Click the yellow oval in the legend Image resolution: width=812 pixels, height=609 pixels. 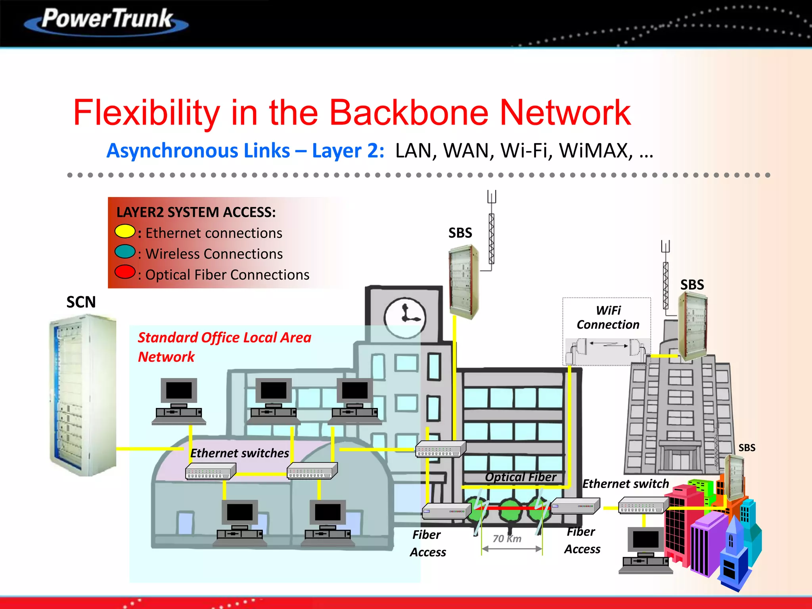click(125, 231)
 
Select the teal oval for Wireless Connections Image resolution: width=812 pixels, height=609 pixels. click(125, 252)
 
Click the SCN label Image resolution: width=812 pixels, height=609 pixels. click(81, 302)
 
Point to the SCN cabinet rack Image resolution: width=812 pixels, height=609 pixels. click(83, 395)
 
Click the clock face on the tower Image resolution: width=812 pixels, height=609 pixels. click(405, 318)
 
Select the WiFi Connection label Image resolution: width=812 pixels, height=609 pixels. click(608, 318)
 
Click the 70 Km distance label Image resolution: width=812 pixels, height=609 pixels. click(507, 538)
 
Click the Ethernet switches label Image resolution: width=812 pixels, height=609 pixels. click(239, 453)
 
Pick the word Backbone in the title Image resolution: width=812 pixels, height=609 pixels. click(408, 113)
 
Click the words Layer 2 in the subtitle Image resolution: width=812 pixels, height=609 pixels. click(348, 151)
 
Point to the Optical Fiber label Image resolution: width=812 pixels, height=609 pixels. click(521, 477)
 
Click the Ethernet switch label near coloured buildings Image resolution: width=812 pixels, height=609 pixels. click(625, 484)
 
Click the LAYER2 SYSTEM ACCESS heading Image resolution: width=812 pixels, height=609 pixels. click(196, 212)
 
